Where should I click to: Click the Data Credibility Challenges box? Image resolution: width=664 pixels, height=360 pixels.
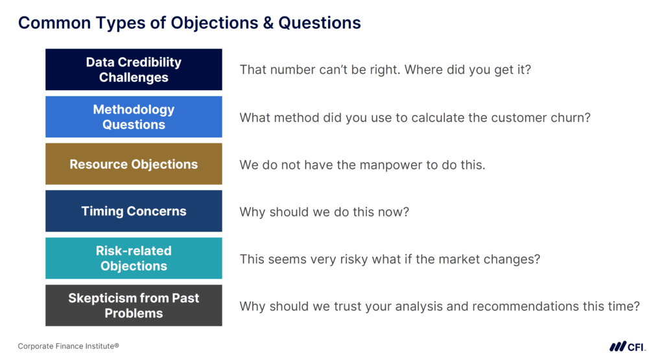134,69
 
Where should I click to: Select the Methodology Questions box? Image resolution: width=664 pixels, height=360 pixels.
134,117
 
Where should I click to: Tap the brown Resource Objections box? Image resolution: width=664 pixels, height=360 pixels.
134,164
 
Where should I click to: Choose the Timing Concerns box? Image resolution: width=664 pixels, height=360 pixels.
134,211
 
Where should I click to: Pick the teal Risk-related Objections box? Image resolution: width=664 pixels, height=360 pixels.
134,258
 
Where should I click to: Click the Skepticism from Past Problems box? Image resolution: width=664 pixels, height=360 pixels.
134,306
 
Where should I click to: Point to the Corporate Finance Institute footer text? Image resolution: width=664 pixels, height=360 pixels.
68,346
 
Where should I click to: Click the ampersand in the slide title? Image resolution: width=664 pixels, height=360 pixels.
267,23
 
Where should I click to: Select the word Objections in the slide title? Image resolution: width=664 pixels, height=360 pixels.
214,23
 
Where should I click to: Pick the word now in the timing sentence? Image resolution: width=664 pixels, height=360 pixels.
392,211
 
